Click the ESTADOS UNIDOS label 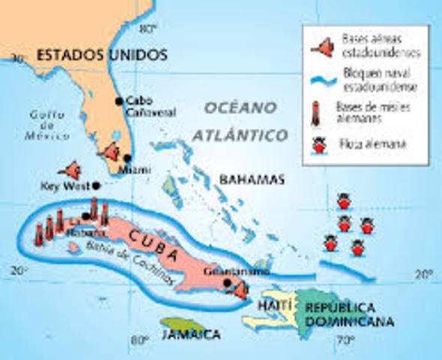[102, 55]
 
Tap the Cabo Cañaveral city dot [118, 100]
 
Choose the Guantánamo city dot [227, 283]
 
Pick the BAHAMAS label [252, 179]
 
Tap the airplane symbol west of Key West [71, 170]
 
